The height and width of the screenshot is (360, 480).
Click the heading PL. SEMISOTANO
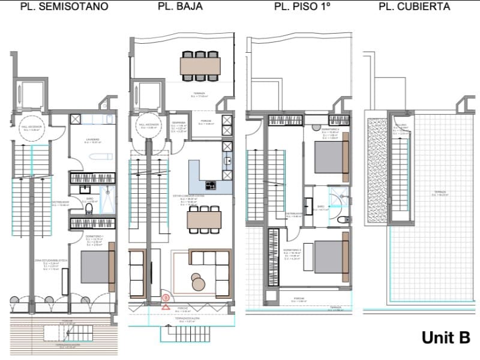65,7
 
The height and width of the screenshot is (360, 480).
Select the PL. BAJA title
180,7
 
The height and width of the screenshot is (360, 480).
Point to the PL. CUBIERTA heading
415,7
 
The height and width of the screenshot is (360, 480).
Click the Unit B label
445,338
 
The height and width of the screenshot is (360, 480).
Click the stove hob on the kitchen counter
211,185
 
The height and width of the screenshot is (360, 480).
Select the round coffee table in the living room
199,280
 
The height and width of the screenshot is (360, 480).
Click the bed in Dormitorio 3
331,256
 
